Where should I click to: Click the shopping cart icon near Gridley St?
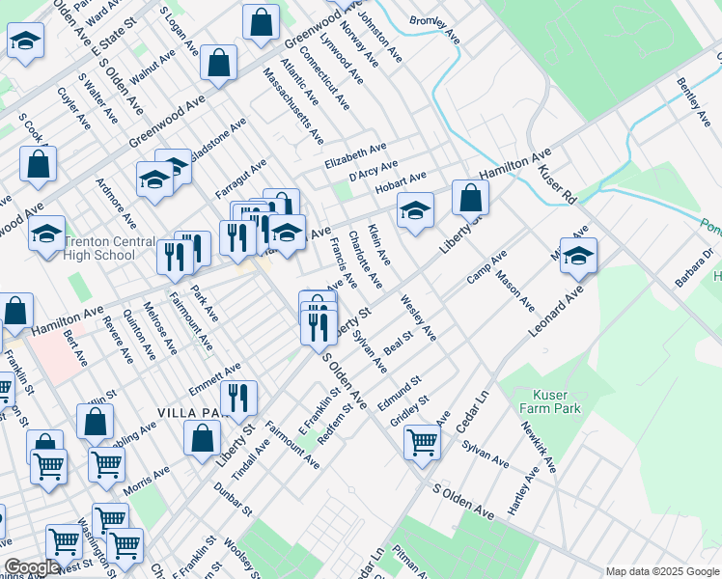pyautogui.click(x=422, y=442)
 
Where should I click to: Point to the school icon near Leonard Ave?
pyautogui.click(x=578, y=256)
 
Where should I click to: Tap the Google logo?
pyautogui.click(x=33, y=567)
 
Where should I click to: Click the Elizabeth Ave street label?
pyautogui.click(x=354, y=154)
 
